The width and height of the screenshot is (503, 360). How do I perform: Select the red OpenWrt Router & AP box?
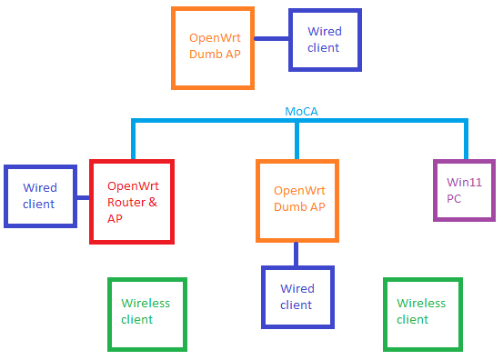[x=131, y=201]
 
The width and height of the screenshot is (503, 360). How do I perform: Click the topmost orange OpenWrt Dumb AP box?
[x=213, y=47]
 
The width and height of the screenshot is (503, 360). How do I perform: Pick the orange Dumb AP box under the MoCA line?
[x=297, y=200]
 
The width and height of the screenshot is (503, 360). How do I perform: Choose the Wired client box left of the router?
[x=39, y=195]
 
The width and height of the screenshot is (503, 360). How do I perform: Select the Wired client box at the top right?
[x=325, y=39]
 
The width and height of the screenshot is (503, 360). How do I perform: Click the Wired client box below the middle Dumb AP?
[x=297, y=296]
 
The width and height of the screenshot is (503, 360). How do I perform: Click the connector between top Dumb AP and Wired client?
[x=271, y=39]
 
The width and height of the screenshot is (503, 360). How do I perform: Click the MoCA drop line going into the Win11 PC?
[x=465, y=141]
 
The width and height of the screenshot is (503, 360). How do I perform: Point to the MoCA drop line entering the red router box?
[x=133, y=141]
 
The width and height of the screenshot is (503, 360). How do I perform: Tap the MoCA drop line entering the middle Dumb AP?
[x=297, y=141]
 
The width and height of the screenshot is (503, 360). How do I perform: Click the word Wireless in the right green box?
[x=421, y=304]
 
